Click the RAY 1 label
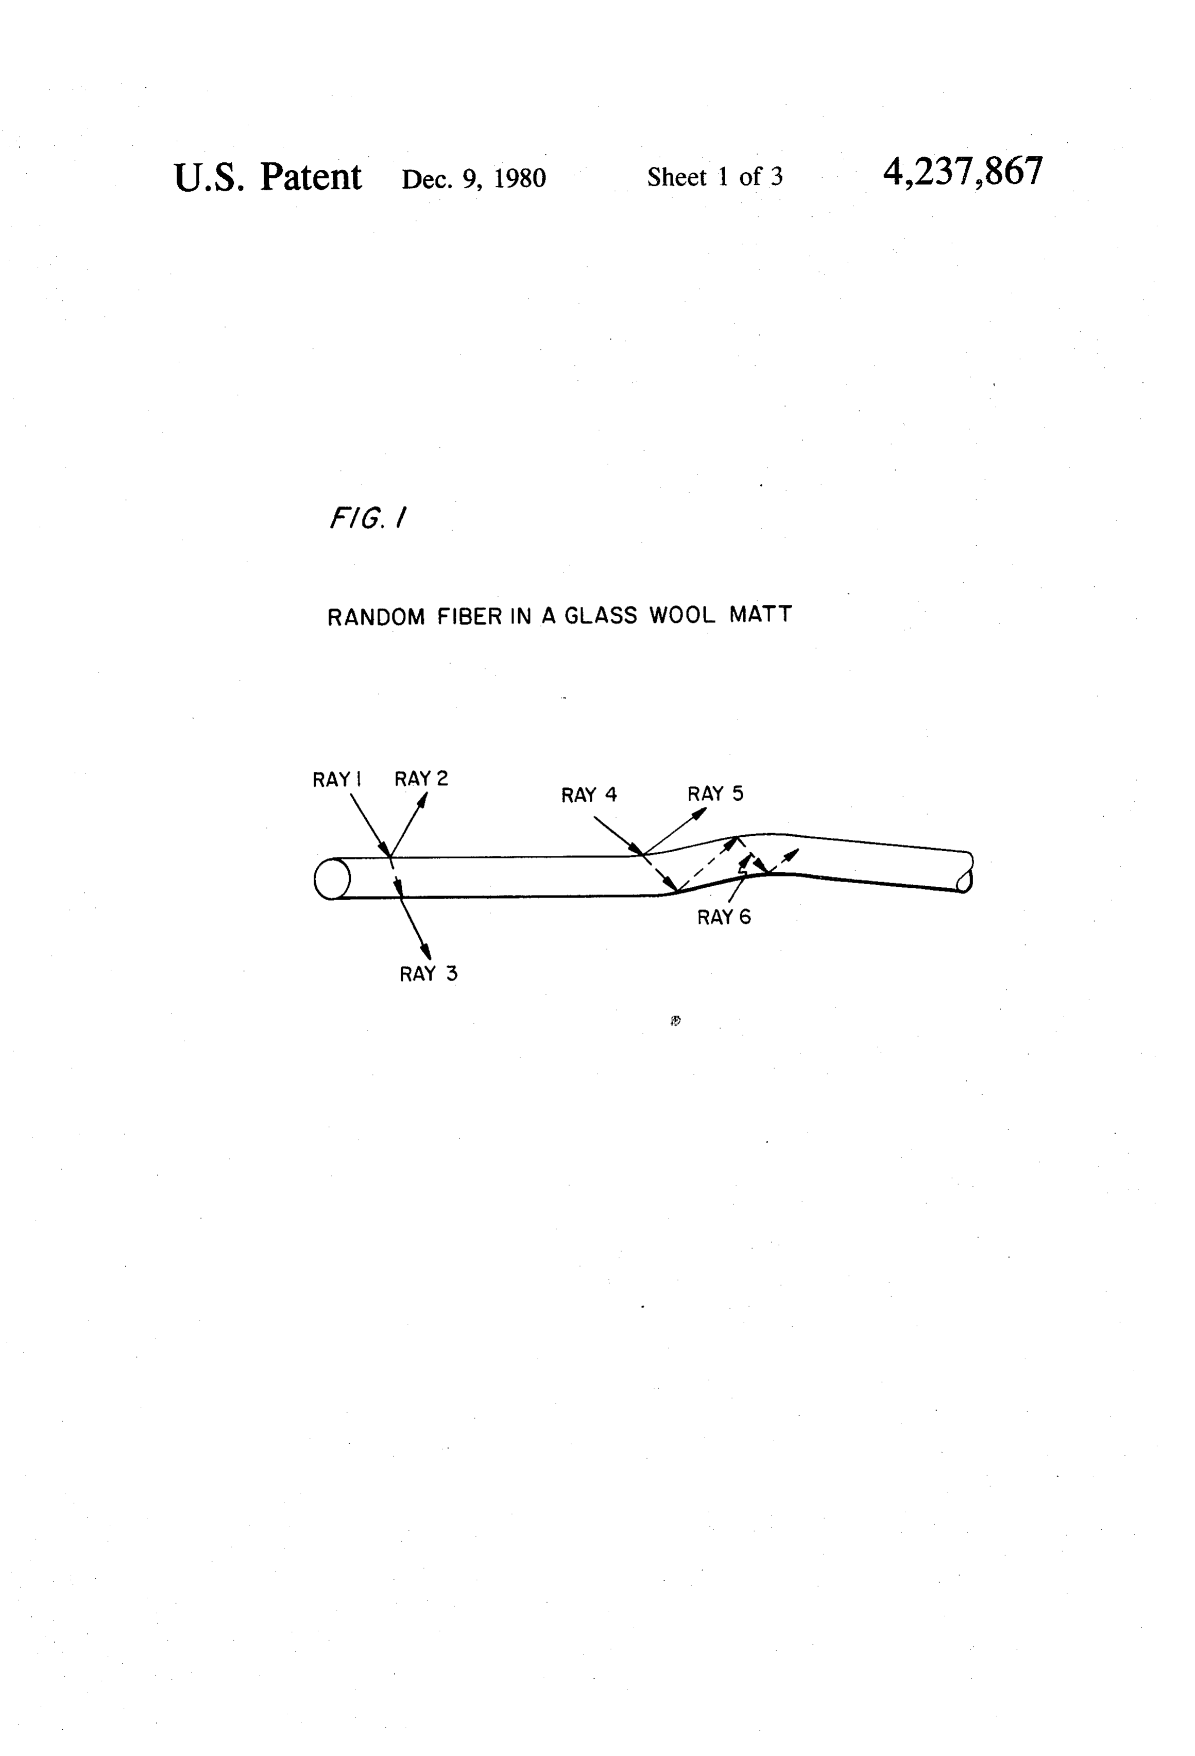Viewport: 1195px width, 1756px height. point(337,779)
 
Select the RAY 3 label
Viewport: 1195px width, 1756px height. point(429,973)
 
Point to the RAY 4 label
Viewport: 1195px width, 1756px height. point(589,795)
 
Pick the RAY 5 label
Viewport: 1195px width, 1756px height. point(715,793)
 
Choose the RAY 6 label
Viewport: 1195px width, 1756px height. point(724,917)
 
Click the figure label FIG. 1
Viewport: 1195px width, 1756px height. point(368,518)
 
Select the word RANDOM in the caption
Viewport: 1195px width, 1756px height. point(376,617)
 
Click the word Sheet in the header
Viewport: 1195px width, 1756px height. point(677,177)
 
